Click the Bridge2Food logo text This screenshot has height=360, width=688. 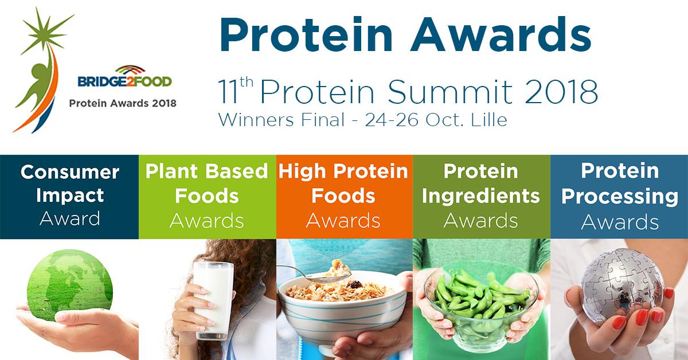coord(125,82)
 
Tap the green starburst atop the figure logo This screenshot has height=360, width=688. coord(45,32)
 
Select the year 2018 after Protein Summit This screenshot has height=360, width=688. coord(562,92)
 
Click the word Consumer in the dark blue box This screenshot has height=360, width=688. coord(70,172)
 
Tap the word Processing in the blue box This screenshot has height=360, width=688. coord(620,197)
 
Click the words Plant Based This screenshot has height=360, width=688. coord(207,171)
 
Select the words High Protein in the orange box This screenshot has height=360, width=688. coord(343,171)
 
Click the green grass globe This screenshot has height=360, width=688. coord(70,285)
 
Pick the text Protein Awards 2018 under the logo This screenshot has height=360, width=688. coord(123,103)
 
